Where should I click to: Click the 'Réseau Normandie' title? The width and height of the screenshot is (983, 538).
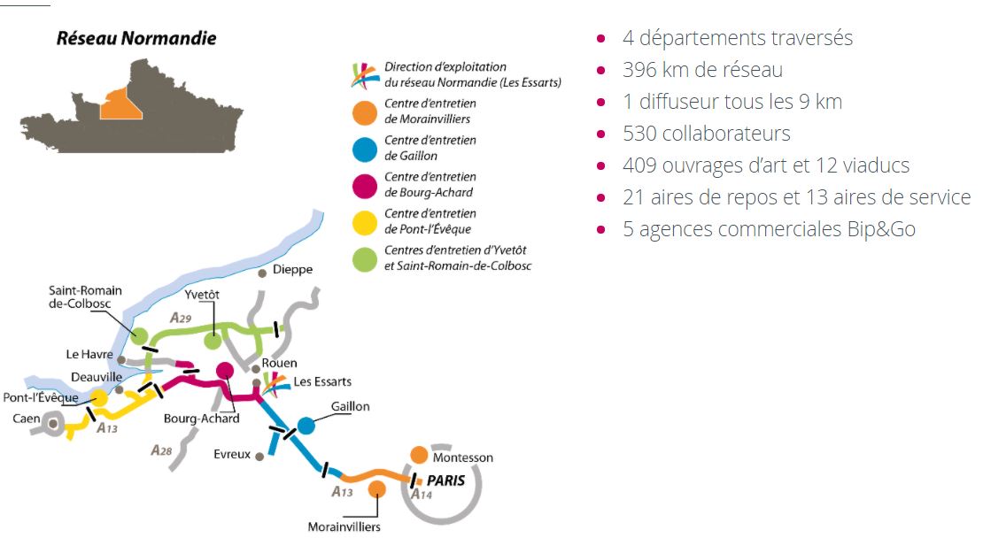click(136, 38)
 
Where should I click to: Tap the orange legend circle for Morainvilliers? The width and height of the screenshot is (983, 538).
click(365, 111)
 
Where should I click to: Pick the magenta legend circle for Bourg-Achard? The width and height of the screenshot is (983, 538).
click(365, 185)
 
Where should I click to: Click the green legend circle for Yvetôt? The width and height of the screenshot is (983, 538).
click(365, 258)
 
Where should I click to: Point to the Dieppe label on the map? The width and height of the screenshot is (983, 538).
click(293, 270)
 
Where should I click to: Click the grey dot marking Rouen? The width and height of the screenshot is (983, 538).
click(255, 368)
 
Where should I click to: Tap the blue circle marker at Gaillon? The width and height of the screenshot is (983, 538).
click(306, 426)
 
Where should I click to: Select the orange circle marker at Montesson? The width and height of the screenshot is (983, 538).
click(420, 455)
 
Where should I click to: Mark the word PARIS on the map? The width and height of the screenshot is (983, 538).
click(446, 480)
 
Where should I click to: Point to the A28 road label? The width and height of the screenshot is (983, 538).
click(161, 451)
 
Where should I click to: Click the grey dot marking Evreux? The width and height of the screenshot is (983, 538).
click(259, 457)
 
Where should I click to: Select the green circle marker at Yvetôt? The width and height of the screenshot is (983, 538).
click(213, 341)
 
